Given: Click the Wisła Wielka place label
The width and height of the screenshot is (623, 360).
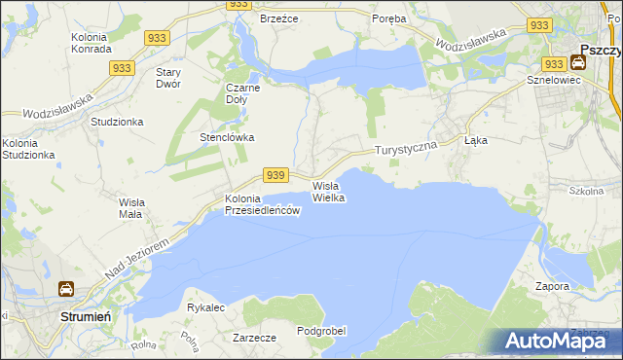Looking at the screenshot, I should [328, 192].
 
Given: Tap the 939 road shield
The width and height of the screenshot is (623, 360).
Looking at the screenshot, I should [275, 174].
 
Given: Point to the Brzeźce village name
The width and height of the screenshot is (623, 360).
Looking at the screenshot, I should [277, 18].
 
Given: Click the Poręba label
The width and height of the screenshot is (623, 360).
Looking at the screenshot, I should [391, 18].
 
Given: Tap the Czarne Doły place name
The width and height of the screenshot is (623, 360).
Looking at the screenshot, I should [244, 92].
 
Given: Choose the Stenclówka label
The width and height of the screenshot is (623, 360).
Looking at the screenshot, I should [227, 137].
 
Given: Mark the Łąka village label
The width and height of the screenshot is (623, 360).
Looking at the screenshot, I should [476, 140].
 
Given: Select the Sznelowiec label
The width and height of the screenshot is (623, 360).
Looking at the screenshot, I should [553, 80].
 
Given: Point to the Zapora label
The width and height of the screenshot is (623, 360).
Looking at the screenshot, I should [552, 287].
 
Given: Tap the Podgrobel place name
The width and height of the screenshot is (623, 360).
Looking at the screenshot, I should [321, 331].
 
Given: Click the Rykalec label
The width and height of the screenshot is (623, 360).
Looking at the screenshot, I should [205, 306].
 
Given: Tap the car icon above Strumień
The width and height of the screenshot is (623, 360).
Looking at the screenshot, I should [65, 289].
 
